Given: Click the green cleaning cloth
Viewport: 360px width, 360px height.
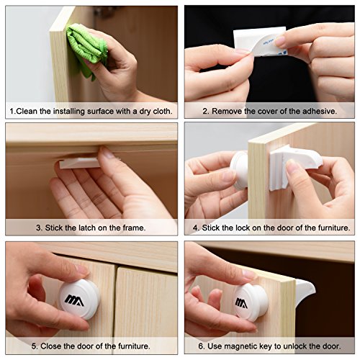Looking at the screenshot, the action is click(86, 49).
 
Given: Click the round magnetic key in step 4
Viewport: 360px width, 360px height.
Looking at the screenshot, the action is click(239, 170).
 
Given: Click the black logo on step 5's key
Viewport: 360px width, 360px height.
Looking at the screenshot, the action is click(74, 300).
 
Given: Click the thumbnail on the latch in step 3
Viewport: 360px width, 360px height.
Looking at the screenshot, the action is click(107, 153).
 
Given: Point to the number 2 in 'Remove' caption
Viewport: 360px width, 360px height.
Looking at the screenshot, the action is click(204, 112).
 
